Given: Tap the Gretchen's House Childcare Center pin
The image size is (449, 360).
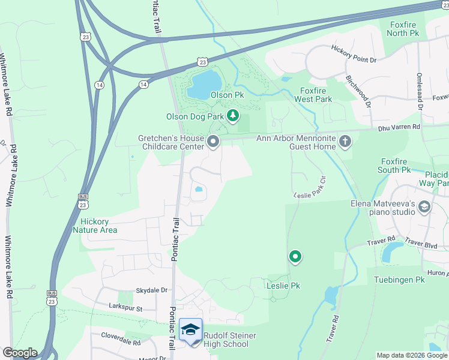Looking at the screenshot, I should [214, 142].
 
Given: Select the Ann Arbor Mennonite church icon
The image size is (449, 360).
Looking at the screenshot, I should [345, 142].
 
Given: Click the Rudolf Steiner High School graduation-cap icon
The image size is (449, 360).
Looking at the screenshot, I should [191, 331].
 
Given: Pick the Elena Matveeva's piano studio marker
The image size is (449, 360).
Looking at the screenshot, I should [424, 208].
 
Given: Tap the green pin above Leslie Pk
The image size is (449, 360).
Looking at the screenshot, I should [295, 257].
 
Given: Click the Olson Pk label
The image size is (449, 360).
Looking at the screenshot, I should [227, 95].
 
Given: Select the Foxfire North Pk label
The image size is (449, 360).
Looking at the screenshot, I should [405, 29].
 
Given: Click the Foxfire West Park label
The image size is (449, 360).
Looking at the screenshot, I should [315, 95].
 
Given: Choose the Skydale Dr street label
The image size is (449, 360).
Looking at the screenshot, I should [151, 290].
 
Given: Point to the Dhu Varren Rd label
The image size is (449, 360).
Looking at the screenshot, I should [399, 127].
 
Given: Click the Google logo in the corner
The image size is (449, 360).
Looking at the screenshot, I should [20, 353].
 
